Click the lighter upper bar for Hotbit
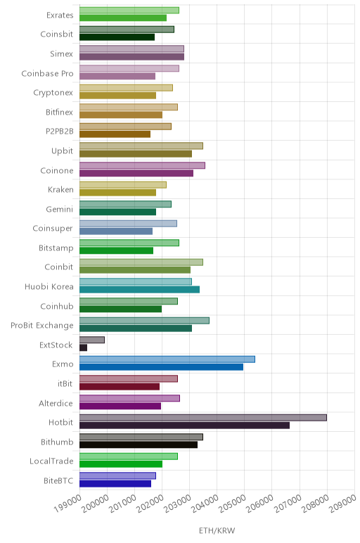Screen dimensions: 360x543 point(203,418)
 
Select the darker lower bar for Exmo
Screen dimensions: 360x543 point(161,367)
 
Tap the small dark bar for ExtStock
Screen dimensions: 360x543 point(84,347)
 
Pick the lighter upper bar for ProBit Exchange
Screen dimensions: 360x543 point(144,321)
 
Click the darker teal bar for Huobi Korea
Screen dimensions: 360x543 point(139,290)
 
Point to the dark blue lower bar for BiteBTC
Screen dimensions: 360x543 point(115,484)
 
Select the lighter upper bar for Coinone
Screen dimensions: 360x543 point(142,165)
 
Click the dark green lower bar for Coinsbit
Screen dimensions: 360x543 point(117,37)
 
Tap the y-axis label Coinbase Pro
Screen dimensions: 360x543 point(47,74)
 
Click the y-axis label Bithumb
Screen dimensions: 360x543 point(57,442)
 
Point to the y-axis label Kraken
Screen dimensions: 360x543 point(60,190)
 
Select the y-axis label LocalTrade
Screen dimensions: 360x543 point(51,461)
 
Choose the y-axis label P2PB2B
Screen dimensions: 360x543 point(60,132)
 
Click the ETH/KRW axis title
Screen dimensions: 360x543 point(217,530)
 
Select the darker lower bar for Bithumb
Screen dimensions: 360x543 point(139,445)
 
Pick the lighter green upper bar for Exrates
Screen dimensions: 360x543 point(129,11)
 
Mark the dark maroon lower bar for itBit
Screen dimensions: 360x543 point(120,386)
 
